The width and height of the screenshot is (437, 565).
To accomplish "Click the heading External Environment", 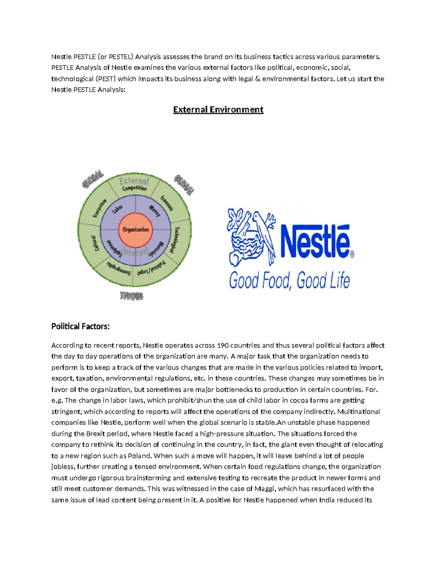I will point(218,110).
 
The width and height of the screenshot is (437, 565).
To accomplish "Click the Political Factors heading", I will point(80,326).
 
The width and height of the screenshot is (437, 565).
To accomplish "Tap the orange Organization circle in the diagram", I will point(135,230).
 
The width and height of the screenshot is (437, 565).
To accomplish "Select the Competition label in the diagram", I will point(134,188).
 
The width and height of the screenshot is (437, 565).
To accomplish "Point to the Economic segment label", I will point(167,203).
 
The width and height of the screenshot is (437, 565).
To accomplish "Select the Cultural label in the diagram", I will point(94,243).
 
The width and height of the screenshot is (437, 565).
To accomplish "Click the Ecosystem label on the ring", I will point(99,208).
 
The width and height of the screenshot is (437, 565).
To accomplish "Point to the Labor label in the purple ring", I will point(117,210).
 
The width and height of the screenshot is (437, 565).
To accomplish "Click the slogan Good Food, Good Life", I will point(290,281).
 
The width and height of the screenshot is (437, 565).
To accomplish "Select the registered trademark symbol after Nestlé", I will point(352,254).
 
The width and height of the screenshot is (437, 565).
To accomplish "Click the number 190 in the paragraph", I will point(223,345).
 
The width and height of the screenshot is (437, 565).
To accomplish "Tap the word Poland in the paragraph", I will point(140,456).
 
